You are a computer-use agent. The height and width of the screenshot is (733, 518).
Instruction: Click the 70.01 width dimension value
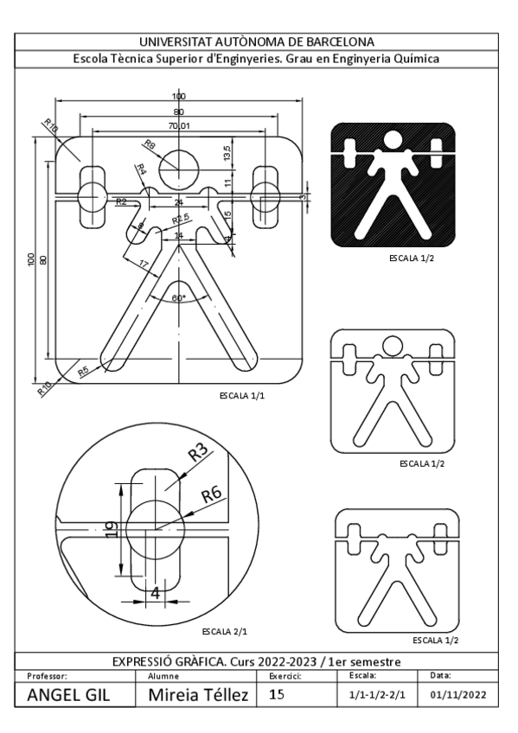(x=178, y=126)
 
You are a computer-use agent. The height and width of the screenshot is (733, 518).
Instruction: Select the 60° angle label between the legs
(x=178, y=297)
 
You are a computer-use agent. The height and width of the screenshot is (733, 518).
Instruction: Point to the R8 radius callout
(x=149, y=144)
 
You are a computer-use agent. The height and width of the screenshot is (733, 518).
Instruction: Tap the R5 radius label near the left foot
(x=83, y=370)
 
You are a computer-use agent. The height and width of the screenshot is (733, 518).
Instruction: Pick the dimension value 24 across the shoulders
(x=179, y=202)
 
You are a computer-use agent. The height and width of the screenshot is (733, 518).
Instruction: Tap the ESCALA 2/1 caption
(x=221, y=630)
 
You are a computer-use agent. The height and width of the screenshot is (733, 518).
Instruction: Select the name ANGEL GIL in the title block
(x=68, y=694)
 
